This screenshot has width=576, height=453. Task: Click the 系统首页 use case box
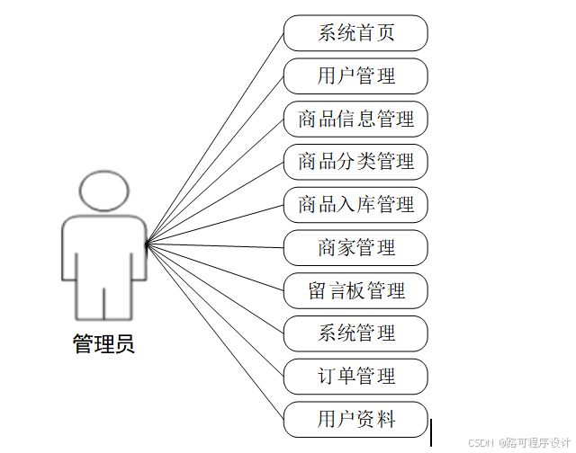355,33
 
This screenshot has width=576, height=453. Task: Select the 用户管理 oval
355,75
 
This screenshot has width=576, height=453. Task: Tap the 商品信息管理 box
355,119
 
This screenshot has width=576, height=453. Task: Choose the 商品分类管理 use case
355,162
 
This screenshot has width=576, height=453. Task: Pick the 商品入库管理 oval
355,205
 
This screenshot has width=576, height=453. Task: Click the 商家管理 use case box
355,247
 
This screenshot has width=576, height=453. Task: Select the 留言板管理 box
355,290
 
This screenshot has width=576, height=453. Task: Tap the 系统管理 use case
355,333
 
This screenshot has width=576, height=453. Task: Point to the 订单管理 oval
355,376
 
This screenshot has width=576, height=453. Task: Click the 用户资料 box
355,419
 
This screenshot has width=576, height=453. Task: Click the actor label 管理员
103,344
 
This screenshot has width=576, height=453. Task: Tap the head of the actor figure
103,191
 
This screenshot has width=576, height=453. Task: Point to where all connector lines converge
147,243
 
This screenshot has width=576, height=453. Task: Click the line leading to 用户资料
216,332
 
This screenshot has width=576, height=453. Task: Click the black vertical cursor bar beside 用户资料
432,431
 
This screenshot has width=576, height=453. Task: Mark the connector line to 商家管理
216,244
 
